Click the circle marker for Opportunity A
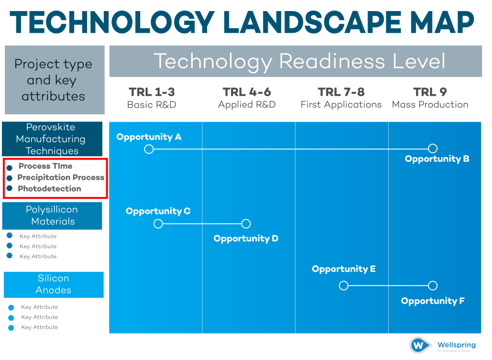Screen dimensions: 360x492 (149, 149)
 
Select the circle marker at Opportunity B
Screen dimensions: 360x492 (432, 149)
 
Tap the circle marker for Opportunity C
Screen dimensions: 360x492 (158, 223)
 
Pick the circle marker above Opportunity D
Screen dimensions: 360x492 (246, 223)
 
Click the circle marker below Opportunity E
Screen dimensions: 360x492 (344, 286)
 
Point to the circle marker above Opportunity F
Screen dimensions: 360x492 (432, 286)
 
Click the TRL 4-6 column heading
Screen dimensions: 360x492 (247, 92)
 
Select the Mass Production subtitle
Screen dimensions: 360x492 (430, 104)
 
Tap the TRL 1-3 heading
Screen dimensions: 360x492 (151, 92)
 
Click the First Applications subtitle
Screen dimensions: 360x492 (341, 104)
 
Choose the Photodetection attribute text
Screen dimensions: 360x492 (49, 188)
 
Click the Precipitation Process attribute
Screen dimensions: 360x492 (61, 177)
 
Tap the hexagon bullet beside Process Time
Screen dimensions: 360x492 (10, 167)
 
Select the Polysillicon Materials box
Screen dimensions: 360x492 (52, 215)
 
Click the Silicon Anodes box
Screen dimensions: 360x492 (54, 284)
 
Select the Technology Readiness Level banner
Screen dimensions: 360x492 (295, 62)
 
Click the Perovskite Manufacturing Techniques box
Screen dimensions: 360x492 (52, 139)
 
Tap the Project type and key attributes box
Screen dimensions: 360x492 (54, 80)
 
